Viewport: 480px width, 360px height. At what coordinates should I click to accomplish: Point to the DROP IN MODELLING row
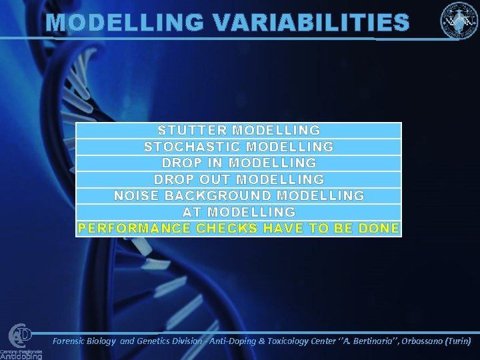pos(239,163)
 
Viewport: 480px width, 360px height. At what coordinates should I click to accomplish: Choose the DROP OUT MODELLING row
pos(239,179)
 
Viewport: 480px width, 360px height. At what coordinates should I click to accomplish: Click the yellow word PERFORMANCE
pos(134,229)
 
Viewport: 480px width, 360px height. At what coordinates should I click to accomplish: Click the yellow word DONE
pos(378,229)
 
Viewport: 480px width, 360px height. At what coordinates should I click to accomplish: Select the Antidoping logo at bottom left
pos(21,341)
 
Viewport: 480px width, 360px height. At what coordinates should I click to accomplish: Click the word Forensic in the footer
pos(75,341)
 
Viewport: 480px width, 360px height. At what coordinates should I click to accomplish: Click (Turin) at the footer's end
pos(462,341)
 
